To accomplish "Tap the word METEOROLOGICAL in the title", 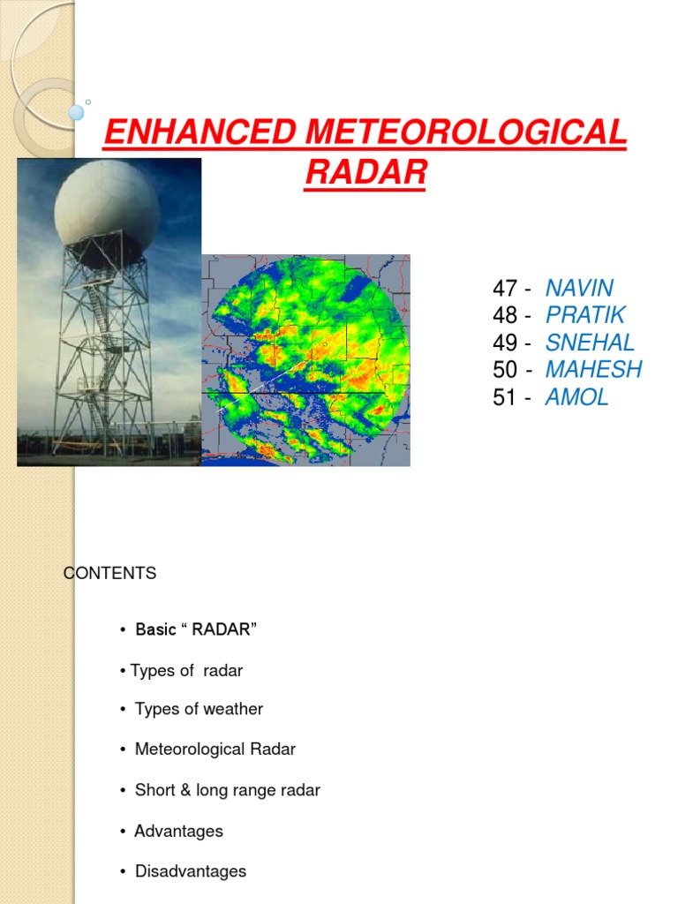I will [x=468, y=134].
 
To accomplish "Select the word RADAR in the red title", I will [x=365, y=173].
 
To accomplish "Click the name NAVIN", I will [x=579, y=288].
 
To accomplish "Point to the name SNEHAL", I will [x=590, y=343].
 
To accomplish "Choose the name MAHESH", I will [x=593, y=370].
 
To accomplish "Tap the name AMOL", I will [x=576, y=397].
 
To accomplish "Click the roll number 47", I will [x=504, y=288].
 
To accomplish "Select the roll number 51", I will [x=504, y=397].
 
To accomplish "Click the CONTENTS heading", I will [x=110, y=574].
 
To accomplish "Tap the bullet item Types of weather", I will [x=199, y=709].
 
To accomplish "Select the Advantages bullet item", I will [x=178, y=831].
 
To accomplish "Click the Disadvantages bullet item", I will [x=190, y=871].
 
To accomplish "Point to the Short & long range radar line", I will [x=227, y=790].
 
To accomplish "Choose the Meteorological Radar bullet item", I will [x=215, y=750].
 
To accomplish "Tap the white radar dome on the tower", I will [x=107, y=212].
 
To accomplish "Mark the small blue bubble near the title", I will [x=76, y=112].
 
